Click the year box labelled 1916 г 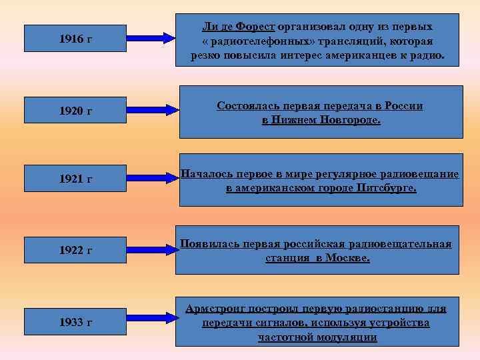pyautogui.click(x=75, y=39)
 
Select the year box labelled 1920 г pyautogui.click(x=75, y=109)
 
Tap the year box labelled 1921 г pyautogui.click(x=75, y=179)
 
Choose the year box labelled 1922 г pyautogui.click(x=75, y=250)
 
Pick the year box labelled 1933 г pyautogui.click(x=75, y=322)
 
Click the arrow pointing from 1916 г pyautogui.click(x=151, y=39)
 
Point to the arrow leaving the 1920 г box pyautogui.click(x=151, y=109)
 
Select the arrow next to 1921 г pyautogui.click(x=151, y=179)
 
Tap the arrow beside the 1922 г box pyautogui.click(x=151, y=250)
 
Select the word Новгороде pyautogui.click(x=343, y=121)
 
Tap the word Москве pyautogui.click(x=347, y=257)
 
